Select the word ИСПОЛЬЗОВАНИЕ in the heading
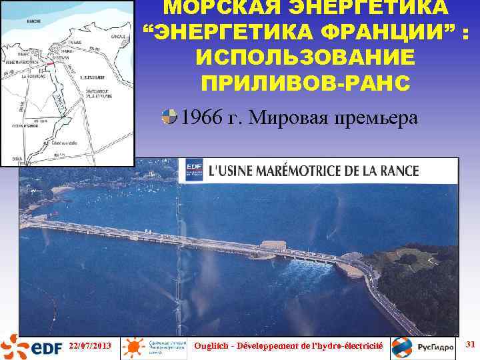click(306, 58)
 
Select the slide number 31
click(468, 344)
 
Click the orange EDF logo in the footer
click(31, 347)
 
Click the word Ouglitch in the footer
click(213, 345)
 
